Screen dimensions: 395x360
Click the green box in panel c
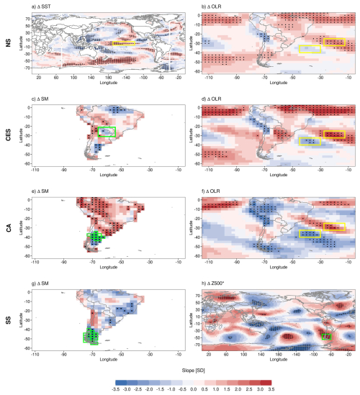click(107, 132)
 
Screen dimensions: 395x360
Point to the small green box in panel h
click(326, 336)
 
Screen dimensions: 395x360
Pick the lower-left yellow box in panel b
click(310, 49)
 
